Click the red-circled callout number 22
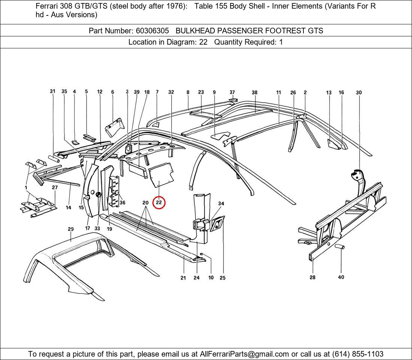pyautogui.click(x=159, y=202)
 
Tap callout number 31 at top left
pyautogui.click(x=53, y=91)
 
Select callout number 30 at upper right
pyautogui.click(x=359, y=92)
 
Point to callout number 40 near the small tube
pyautogui.click(x=341, y=277)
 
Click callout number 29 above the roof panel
pyautogui.click(x=71, y=229)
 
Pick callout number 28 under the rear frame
pyautogui.click(x=312, y=277)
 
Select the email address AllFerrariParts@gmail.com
pyautogui.click(x=245, y=354)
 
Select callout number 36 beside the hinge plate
pyautogui.click(x=122, y=202)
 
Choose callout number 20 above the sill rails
pyautogui.click(x=145, y=202)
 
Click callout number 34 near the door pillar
pyautogui.click(x=221, y=204)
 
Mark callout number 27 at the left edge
pyautogui.click(x=55, y=187)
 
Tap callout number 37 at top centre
pyautogui.click(x=232, y=92)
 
